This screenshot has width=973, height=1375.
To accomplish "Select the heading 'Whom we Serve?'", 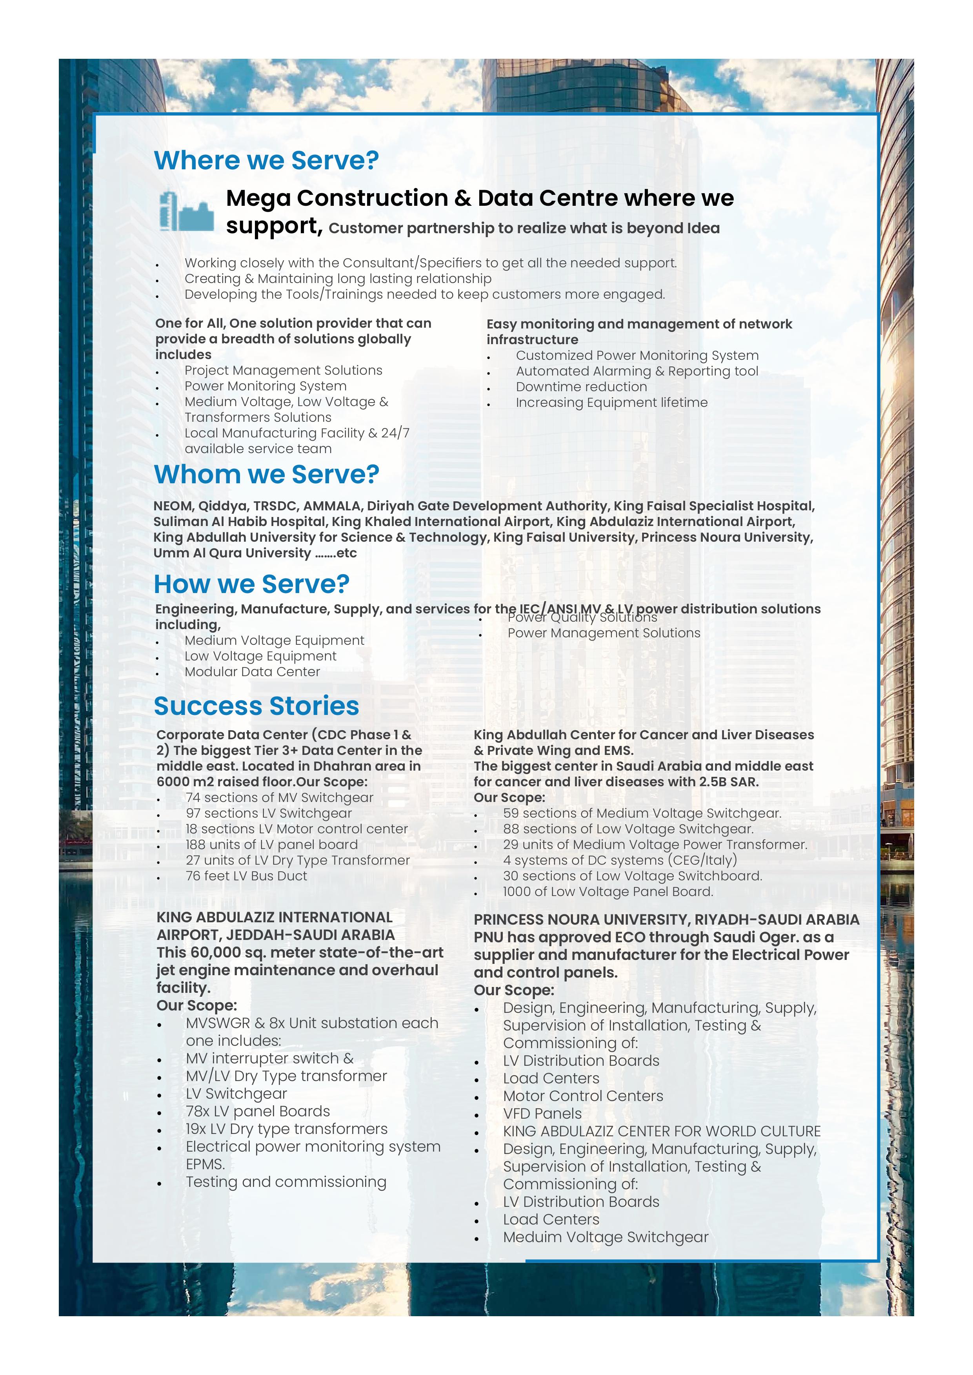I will (x=267, y=474).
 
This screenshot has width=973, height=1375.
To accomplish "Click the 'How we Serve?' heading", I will (x=252, y=584).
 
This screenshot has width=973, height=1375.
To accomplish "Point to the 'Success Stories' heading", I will (x=256, y=706).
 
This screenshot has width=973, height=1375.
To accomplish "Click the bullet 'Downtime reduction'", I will (x=581, y=387).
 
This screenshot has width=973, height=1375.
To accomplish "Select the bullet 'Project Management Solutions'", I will (x=283, y=371).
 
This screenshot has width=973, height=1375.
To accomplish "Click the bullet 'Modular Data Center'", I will (x=252, y=672).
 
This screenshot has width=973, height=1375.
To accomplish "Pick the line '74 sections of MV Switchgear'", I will (x=279, y=798).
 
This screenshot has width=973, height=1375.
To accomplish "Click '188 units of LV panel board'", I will (x=271, y=844).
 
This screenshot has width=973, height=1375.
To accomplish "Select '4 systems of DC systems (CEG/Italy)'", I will (x=620, y=861).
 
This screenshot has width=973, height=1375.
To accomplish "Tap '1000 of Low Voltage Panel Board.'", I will (x=607, y=892).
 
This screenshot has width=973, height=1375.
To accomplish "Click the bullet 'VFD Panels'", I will (x=542, y=1113).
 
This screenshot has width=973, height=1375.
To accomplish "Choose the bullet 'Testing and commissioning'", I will (x=286, y=1181).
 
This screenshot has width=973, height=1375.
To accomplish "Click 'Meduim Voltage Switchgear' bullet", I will (x=605, y=1237).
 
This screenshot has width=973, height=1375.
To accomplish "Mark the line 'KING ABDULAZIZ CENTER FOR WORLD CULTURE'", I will (x=662, y=1131).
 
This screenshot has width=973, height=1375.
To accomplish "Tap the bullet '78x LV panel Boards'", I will (x=258, y=1111).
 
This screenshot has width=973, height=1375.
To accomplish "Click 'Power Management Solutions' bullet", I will (x=603, y=633).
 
